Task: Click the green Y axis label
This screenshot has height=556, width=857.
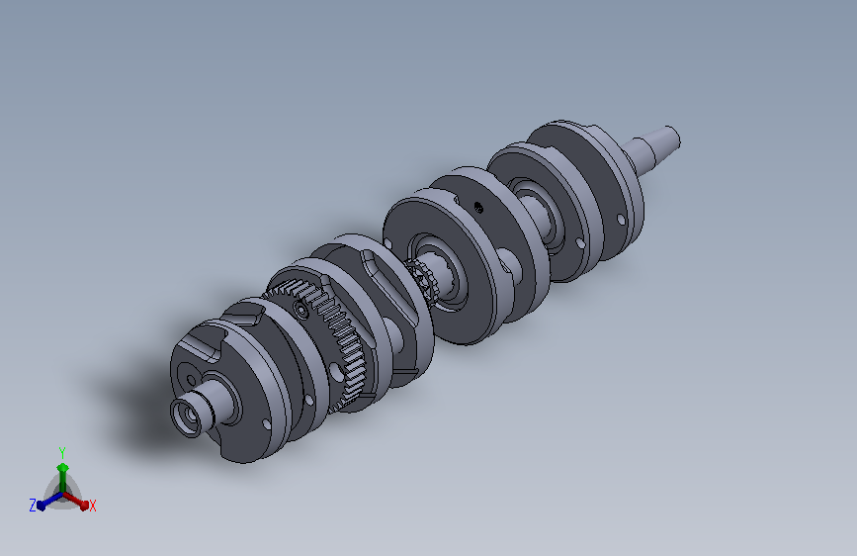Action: pos(62,452)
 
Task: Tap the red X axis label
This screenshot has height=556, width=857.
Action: pos(92,506)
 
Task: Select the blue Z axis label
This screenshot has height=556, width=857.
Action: pos(33,506)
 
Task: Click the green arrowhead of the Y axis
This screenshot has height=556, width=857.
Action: pos(63,468)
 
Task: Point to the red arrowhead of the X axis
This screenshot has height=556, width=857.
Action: pos(83,504)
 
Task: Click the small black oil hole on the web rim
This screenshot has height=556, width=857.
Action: pos(478,207)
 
